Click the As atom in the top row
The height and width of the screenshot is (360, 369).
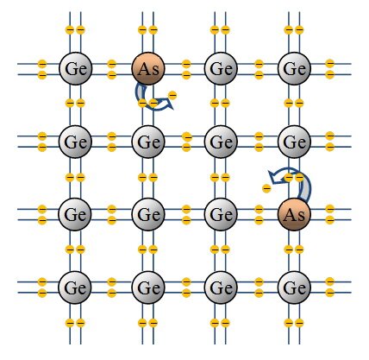[148, 68]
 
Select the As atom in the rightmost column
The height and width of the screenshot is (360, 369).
[294, 214]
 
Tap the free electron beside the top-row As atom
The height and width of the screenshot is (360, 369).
[172, 95]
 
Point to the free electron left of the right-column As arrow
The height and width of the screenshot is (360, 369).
[266, 189]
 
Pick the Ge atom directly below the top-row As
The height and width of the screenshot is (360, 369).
[148, 142]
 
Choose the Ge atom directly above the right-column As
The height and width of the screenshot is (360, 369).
[294, 142]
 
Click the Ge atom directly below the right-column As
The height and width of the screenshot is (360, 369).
[294, 287]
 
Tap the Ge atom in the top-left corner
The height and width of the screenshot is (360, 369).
[75, 68]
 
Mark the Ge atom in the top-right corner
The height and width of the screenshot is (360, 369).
[294, 68]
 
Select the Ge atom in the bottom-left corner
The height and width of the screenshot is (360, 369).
[75, 287]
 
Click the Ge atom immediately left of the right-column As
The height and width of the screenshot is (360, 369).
[221, 214]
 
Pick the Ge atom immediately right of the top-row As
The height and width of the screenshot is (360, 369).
[221, 68]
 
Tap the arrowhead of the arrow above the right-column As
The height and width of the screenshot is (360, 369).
[273, 175]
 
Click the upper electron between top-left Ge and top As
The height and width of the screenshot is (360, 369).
[111, 64]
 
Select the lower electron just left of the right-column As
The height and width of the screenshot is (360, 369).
[259, 220]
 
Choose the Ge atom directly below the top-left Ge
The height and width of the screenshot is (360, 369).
[75, 142]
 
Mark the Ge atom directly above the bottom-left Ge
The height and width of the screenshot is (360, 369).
[75, 214]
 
